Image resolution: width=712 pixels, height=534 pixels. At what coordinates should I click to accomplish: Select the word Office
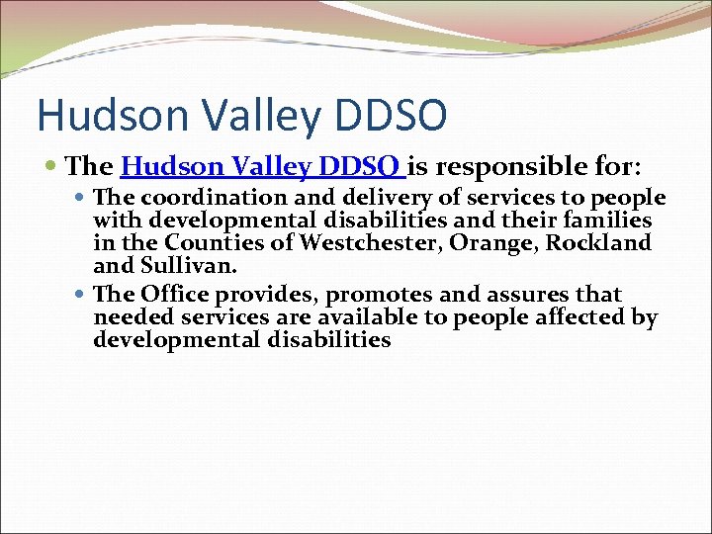[169, 295]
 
